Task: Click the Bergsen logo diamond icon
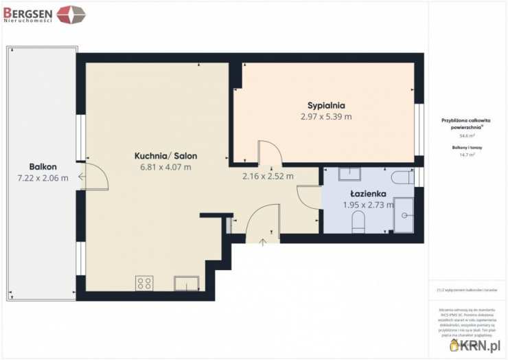71,14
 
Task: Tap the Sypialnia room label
326,106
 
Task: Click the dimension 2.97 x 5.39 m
326,117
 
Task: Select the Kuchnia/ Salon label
162,156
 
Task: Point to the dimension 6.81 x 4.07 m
165,167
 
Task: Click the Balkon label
43,167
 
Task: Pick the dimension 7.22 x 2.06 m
43,178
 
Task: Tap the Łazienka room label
367,193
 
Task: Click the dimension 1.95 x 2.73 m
368,204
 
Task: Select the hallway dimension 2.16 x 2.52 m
268,176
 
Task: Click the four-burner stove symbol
144,283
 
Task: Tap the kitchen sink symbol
187,283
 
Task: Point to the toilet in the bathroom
358,221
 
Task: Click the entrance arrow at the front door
263,241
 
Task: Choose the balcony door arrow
82,177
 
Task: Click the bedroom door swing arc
268,152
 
